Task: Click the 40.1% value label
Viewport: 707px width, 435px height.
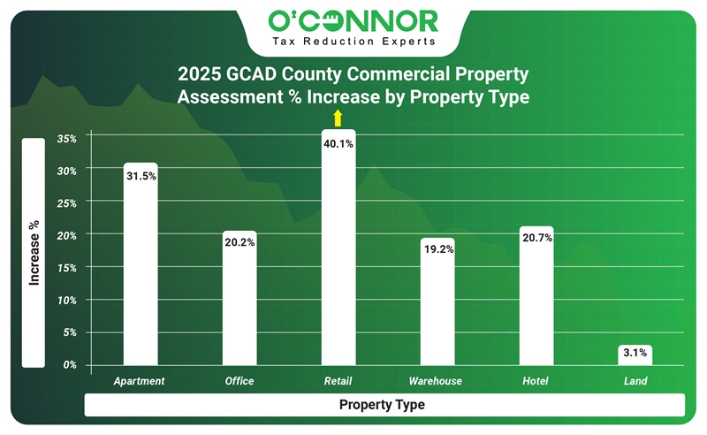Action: pos(338,143)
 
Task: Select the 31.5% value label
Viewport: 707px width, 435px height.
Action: pos(141,176)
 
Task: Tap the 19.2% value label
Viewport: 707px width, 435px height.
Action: pos(437,249)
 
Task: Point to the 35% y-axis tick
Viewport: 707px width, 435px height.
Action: pos(67,138)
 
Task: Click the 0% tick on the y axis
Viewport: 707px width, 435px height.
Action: pos(71,364)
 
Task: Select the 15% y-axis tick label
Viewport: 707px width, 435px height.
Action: pos(67,267)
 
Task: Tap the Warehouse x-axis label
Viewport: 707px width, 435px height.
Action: pos(437,382)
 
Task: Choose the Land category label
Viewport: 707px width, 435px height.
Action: pos(635,382)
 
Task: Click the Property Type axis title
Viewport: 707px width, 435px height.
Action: pos(382,405)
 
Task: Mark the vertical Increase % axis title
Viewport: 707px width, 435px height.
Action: pos(34,252)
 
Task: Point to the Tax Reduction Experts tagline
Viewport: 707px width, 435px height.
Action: pos(353,42)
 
